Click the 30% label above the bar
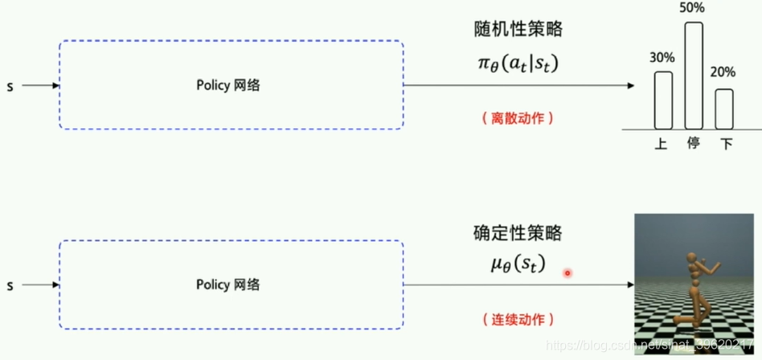[x=663, y=58]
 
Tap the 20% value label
[x=723, y=72]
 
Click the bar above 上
[x=663, y=100]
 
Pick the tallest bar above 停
[x=693, y=76]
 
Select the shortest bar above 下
[x=724, y=108]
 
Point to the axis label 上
[x=662, y=144]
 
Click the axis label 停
[x=693, y=144]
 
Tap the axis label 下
[x=726, y=144]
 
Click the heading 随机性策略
[x=518, y=30]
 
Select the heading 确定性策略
[x=518, y=234]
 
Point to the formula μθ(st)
[x=518, y=263]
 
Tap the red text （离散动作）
[x=518, y=118]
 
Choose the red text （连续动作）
[x=518, y=319]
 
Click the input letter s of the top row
[x=10, y=85]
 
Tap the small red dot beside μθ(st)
[x=567, y=273]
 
